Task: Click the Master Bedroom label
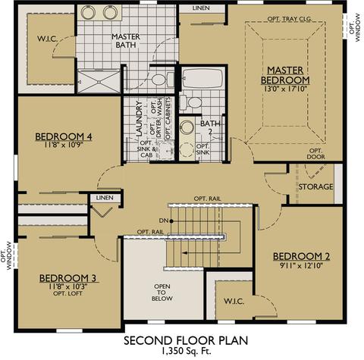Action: point(285,75)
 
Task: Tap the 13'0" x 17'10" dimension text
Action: point(285,89)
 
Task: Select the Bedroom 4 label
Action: point(64,136)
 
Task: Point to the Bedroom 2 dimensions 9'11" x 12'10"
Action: point(302,265)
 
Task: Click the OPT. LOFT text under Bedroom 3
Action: point(67,293)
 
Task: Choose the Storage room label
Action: point(315,186)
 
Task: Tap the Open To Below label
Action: point(162,293)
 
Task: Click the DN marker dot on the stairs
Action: point(171,221)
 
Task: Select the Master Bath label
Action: point(126,41)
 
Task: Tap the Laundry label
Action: point(139,119)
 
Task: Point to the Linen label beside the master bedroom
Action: point(201,8)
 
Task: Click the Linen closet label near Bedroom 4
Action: point(105,198)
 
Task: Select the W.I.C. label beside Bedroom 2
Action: point(234,302)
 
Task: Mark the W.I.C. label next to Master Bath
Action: point(48,39)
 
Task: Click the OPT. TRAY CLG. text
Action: point(290,19)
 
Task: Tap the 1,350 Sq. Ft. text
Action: point(186,351)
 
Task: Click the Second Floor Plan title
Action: point(186,340)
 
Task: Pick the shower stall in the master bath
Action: point(99,82)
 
